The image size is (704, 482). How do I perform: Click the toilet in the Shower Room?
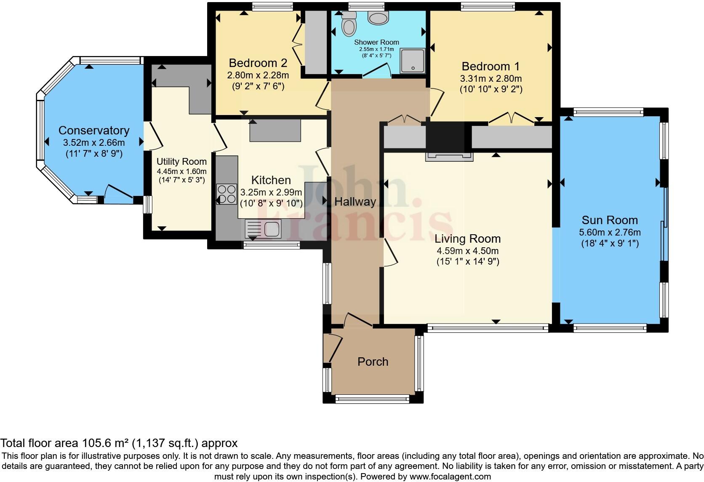tap(349, 24)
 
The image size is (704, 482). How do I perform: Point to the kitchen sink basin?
tap(272, 229)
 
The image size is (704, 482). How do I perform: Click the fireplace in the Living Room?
tap(449, 156)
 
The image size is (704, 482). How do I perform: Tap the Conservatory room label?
tap(94, 131)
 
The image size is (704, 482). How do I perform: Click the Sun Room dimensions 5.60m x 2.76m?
tap(610, 232)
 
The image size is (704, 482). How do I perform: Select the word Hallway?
tap(355, 202)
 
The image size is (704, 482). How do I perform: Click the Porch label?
tap(373, 361)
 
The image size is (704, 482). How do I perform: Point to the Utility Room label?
tap(181, 162)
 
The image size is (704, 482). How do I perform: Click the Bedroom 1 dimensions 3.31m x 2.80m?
tap(491, 78)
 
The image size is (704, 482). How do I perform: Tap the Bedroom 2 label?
tap(258, 63)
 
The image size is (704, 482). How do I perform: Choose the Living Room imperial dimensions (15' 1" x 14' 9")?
tap(467, 262)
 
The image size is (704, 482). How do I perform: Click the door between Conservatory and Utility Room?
tap(152, 135)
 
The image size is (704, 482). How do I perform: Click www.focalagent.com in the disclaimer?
tap(450, 477)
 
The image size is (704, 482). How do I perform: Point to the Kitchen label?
tap(271, 180)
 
